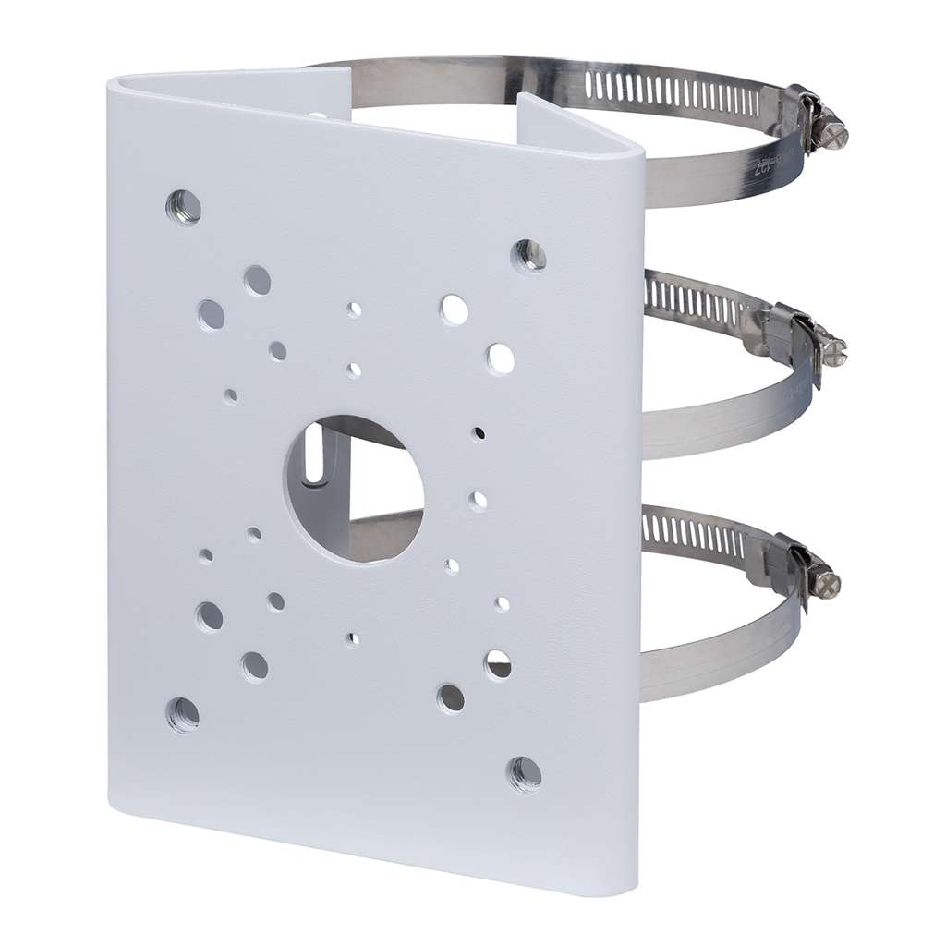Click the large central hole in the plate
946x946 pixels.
pos(354,490)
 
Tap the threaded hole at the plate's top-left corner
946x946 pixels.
pos(183,207)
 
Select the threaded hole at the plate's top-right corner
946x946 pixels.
pos(529,255)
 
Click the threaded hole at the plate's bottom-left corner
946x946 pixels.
pos(183,714)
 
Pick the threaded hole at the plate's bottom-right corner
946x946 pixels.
pos(525,772)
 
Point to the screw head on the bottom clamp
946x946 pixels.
pos(825,582)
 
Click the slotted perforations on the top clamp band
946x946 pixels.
pos(674,93)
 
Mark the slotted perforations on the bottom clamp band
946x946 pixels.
pos(693,534)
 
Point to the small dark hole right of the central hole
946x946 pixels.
pos(479,432)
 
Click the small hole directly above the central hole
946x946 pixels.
pos(354,370)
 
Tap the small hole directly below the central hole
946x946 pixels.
pos(352,638)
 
